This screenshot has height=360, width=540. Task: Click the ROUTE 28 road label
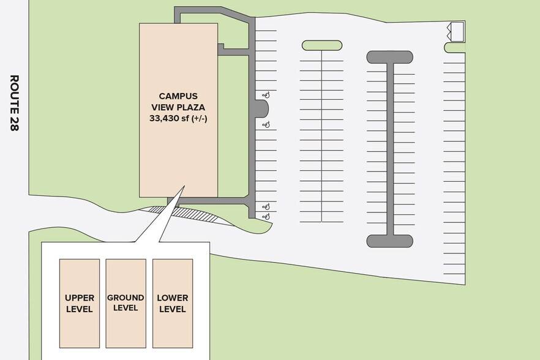point(13,103)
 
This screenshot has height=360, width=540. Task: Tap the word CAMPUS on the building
point(178,96)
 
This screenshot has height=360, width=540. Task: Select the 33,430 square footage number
point(163,119)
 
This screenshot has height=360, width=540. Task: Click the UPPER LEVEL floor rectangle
point(80,304)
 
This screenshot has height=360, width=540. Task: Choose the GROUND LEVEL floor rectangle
point(126,304)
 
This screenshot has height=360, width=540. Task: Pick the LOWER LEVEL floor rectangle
point(173,304)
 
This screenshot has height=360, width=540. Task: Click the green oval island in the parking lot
point(322,45)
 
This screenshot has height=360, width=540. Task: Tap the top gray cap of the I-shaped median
point(390,57)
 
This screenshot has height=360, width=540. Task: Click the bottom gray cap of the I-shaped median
point(390,241)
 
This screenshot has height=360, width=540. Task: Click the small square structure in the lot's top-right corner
point(458,32)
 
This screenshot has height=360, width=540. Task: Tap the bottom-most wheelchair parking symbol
point(266,216)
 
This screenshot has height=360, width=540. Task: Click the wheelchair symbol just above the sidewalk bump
point(266,94)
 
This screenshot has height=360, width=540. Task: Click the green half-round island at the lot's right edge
point(454,48)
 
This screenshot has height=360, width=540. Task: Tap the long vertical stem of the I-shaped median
point(390,149)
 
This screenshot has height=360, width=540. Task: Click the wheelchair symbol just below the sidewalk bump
point(266,125)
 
